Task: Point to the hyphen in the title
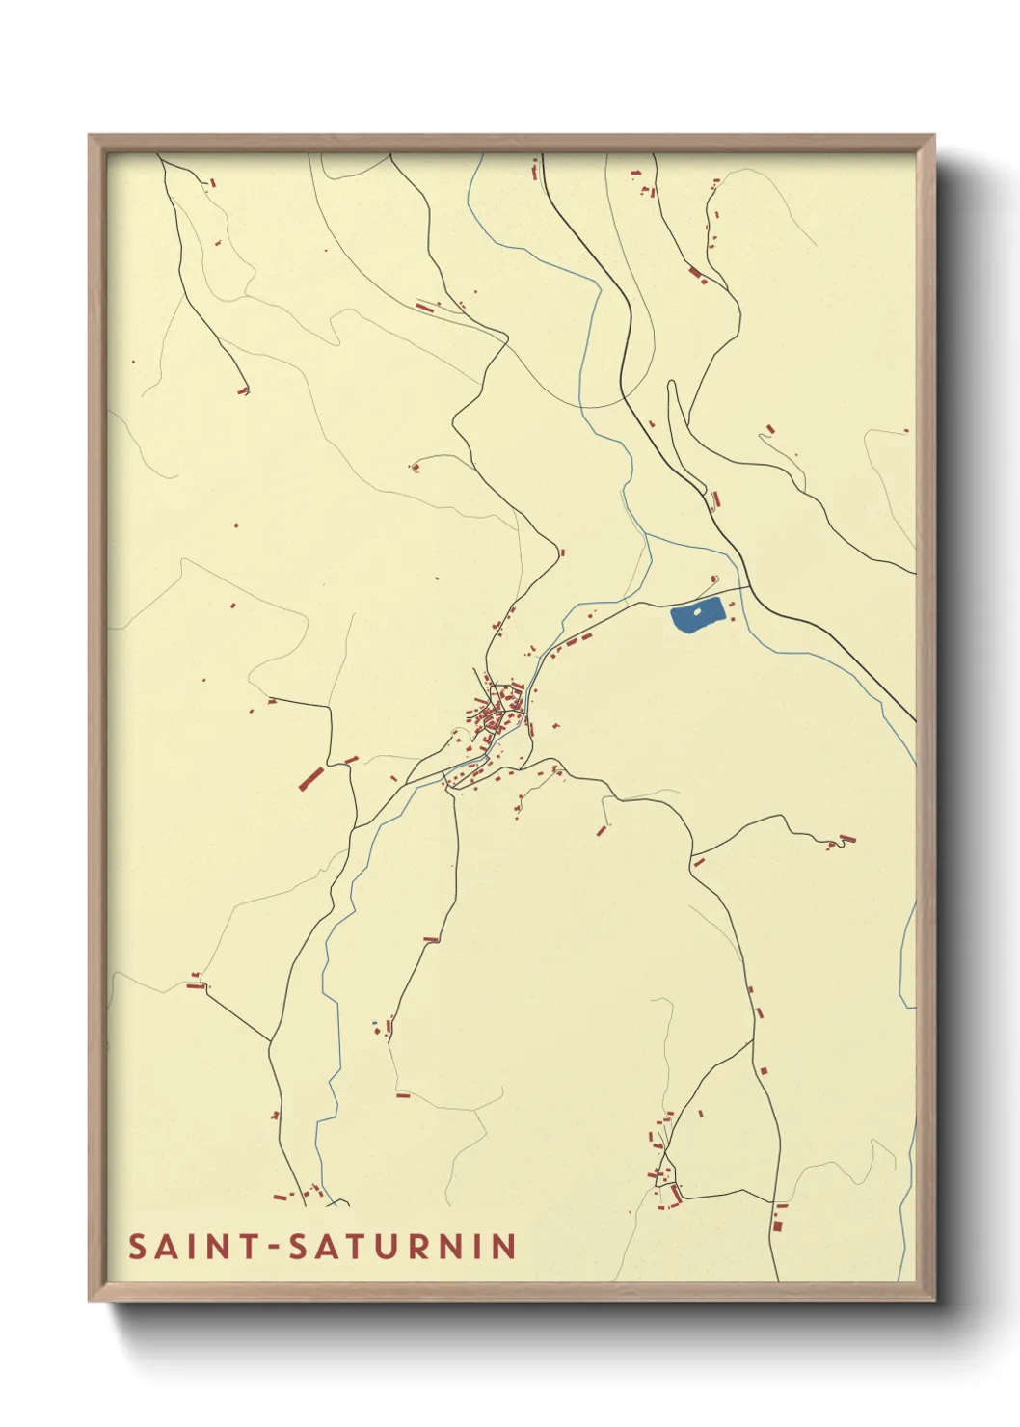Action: [274, 1248]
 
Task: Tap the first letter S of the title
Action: [138, 1246]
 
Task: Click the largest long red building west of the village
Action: [310, 777]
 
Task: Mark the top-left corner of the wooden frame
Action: [90, 136]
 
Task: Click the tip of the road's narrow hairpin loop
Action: [672, 385]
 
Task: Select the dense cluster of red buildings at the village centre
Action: [497, 713]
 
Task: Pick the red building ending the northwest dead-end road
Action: [243, 390]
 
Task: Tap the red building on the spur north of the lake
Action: [712, 579]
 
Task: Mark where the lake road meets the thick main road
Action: [750, 586]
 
